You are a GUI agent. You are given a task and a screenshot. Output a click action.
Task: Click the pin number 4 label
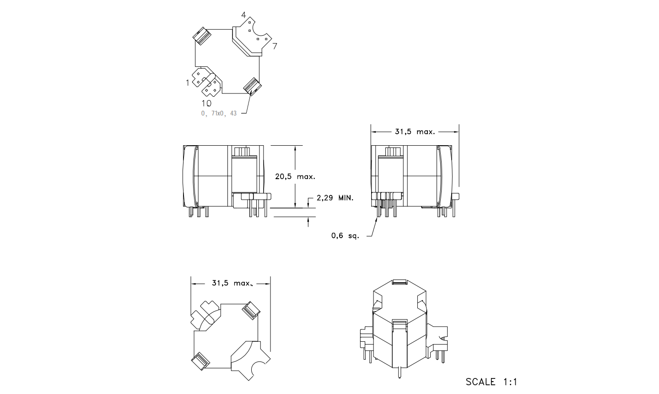click(243, 15)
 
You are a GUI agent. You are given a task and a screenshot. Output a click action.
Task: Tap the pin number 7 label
click(275, 46)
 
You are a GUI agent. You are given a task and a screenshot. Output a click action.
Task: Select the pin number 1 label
click(188, 83)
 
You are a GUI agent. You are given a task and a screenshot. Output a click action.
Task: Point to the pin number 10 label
click(206, 103)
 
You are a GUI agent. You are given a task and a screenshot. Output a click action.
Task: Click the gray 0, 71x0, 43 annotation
click(219, 113)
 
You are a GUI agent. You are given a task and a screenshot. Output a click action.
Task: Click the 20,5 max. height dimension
click(295, 177)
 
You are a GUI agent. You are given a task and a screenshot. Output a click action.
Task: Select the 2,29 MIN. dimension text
click(335, 198)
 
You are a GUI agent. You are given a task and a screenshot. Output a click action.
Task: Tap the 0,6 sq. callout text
click(345, 235)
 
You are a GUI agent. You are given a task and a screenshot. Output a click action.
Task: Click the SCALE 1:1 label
click(492, 382)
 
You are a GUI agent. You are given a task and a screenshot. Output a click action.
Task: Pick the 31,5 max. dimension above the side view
click(415, 131)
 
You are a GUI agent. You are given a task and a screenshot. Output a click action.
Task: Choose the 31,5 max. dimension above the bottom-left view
click(232, 283)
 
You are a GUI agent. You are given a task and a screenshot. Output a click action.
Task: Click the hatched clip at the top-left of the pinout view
click(202, 36)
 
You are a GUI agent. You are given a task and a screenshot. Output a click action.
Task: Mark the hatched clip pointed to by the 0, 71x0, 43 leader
click(253, 87)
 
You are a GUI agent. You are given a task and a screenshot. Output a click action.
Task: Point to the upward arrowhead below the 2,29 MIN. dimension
click(308, 220)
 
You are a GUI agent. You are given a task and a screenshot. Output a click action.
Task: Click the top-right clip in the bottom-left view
click(251, 310)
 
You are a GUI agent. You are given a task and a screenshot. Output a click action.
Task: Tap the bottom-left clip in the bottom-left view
click(200, 361)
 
